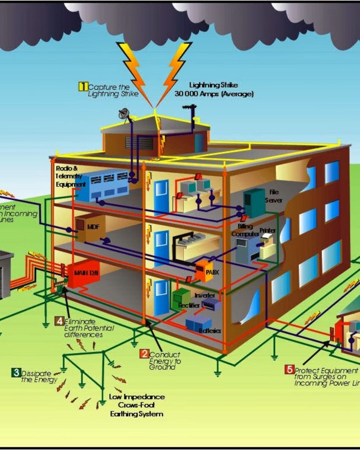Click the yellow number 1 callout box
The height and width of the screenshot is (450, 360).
point(83,86)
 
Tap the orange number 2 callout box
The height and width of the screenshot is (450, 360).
point(144,354)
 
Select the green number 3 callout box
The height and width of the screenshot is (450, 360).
point(16,372)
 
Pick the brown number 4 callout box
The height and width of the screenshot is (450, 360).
point(60,321)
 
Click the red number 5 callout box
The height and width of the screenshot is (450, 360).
point(289,369)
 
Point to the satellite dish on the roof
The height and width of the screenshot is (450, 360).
point(124,114)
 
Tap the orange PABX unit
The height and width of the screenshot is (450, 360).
point(203,270)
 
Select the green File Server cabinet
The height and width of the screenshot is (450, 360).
point(254,202)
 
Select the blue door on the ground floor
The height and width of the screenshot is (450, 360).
point(161,297)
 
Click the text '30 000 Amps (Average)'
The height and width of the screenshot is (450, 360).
point(214,94)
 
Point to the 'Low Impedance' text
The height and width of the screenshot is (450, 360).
point(137,397)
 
